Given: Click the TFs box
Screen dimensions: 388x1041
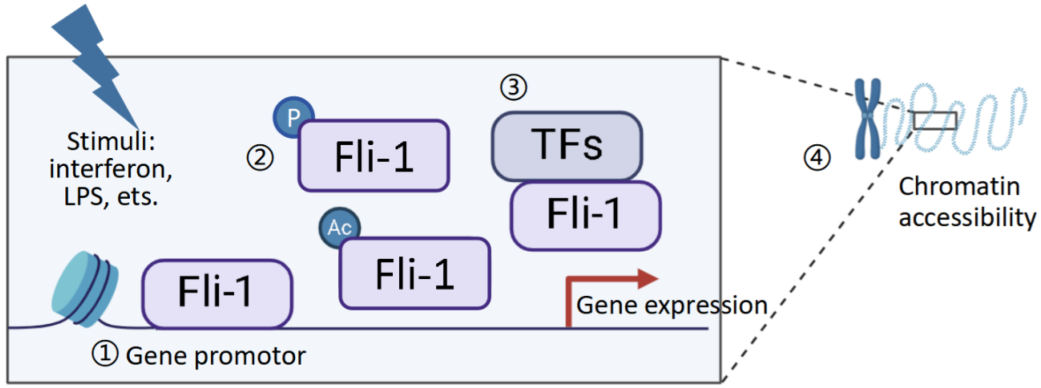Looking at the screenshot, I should tap(566, 146).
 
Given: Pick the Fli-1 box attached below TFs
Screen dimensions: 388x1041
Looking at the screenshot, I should tap(585, 215).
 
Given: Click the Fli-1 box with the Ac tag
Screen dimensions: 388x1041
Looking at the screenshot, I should tap(415, 274).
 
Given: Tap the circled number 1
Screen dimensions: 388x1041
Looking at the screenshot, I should tap(105, 354).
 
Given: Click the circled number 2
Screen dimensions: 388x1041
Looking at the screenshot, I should tap(260, 158).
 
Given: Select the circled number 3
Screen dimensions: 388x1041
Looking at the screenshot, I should tap(513, 87).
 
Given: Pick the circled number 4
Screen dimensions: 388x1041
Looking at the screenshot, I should tap(817, 158).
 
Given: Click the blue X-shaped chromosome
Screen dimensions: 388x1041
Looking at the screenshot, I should tap(867, 118).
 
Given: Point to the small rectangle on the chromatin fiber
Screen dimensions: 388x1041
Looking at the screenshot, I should tap(935, 120).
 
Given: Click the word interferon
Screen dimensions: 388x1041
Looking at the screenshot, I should tap(110, 169).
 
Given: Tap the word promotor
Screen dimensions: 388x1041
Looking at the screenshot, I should tap(250, 356).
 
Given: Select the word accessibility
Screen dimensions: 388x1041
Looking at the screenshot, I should tap(967, 218).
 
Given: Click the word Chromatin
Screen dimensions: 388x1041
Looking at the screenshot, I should tap(959, 187).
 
